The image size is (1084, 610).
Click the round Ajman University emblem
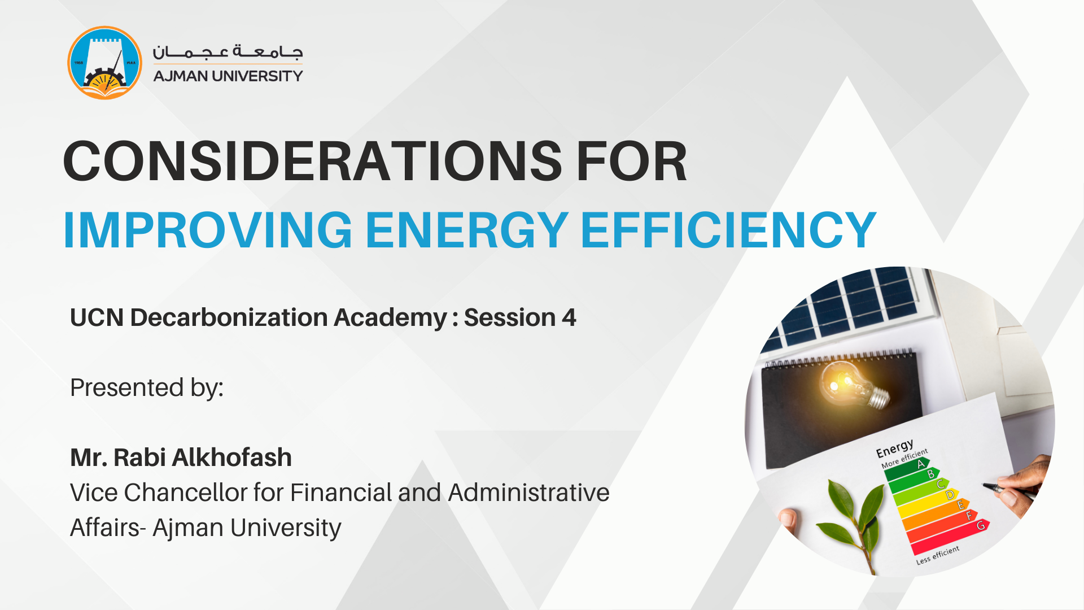click(x=104, y=63)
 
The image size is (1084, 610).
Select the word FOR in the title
click(x=631, y=162)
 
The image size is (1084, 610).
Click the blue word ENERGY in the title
click(x=467, y=230)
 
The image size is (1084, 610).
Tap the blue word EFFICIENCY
click(x=728, y=230)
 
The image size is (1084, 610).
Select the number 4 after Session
click(x=569, y=317)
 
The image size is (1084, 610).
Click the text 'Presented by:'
click(x=147, y=388)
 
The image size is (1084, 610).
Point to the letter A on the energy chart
click(x=921, y=464)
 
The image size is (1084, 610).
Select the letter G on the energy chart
click(x=981, y=525)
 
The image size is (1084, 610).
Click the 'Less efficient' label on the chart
click(x=938, y=555)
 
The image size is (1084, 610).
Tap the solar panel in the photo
click(x=847, y=308)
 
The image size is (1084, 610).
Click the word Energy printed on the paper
click(x=895, y=449)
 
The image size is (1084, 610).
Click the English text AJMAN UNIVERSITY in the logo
click(x=228, y=76)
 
